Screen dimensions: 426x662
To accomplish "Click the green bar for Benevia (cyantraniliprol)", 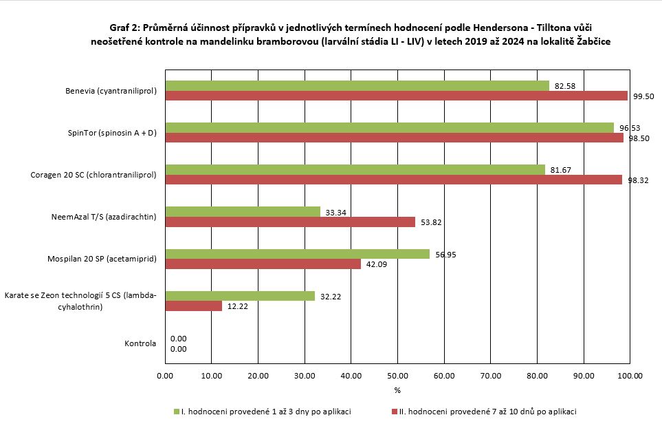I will tap(357, 85).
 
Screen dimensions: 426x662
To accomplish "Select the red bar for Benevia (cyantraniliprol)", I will tap(396, 96).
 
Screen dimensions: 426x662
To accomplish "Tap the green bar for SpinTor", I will tap(389, 127).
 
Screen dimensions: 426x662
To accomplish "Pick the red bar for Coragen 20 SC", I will tap(393, 180).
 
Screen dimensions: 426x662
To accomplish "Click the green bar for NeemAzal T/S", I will tap(243, 211).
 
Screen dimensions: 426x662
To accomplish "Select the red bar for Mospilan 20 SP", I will tap(263, 264).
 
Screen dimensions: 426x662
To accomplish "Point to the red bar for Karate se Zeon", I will tap(193, 306).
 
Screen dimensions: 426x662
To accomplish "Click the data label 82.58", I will tap(564, 86).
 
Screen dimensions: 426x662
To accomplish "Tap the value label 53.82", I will tap(430, 222).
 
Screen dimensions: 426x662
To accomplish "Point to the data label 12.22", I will tap(237, 306).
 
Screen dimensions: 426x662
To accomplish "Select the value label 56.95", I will tap(445, 255).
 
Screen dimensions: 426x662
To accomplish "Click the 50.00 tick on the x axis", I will tap(397, 376).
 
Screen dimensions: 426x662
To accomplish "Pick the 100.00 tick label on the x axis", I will tap(630, 376).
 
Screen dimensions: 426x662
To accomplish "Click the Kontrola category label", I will tap(140, 343).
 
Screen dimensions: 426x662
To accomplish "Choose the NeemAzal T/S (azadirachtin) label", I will tap(104, 217).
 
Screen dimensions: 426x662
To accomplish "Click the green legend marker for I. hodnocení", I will tap(176, 412).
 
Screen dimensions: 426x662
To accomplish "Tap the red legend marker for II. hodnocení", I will tap(395, 412).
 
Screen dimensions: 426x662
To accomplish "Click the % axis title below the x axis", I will tap(397, 390).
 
